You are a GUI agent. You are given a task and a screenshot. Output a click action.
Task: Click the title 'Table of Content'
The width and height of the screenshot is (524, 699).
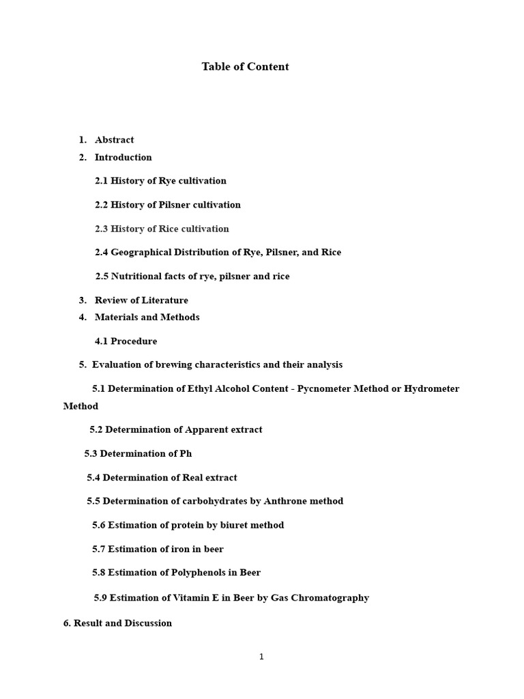pyautogui.click(x=245, y=67)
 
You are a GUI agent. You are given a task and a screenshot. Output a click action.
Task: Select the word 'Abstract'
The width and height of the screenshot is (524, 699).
pyautogui.click(x=114, y=140)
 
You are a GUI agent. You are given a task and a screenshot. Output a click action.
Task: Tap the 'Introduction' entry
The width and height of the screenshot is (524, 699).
pyautogui.click(x=123, y=158)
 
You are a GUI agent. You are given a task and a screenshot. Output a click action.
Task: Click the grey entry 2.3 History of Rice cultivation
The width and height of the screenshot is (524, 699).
pyautogui.click(x=162, y=229)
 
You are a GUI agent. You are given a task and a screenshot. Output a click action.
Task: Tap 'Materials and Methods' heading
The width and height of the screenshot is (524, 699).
pyautogui.click(x=147, y=317)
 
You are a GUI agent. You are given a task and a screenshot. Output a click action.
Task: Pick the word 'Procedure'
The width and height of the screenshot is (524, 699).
pyautogui.click(x=134, y=341)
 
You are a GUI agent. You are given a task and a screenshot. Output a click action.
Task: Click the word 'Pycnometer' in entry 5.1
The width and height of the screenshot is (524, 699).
pyautogui.click(x=324, y=389)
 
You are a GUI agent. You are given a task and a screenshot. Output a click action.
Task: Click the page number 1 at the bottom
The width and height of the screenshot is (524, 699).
pyautogui.click(x=261, y=657)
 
